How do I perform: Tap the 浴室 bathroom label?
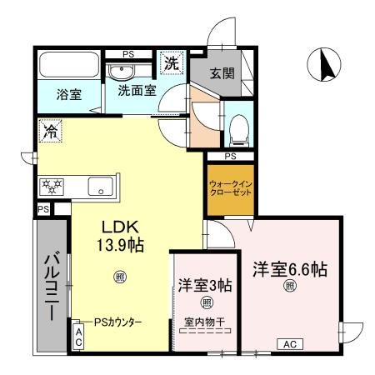[68, 93]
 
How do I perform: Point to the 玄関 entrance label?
[222, 72]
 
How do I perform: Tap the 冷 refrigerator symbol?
[48, 130]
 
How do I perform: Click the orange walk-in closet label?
[229, 188]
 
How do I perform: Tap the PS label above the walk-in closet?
[230, 156]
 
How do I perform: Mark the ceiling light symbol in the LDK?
[120, 276]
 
